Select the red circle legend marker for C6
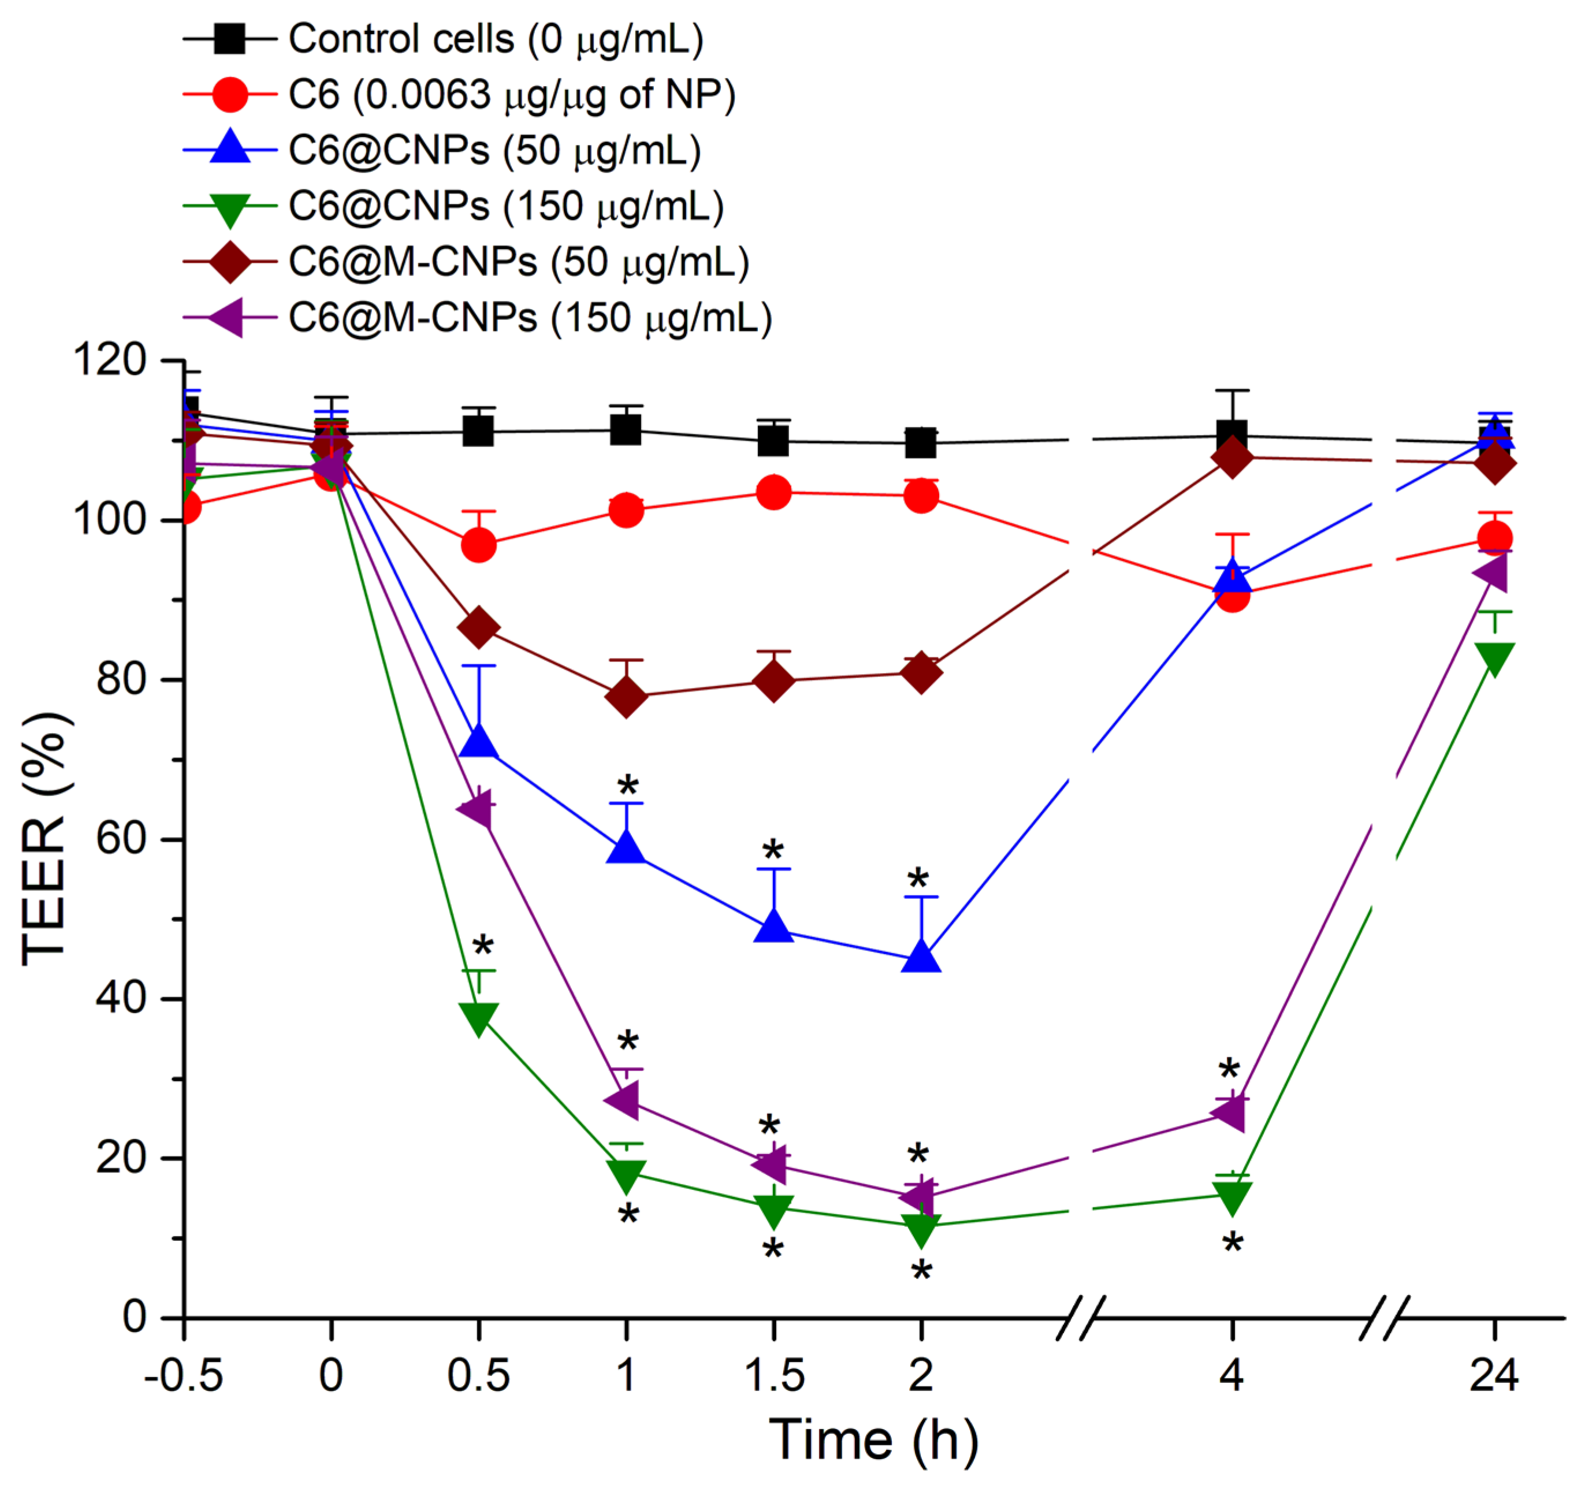pos(230,95)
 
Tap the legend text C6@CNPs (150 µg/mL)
pos(506,207)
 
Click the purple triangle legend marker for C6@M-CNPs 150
pos(229,318)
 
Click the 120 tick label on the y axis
pos(110,360)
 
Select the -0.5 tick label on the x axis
pos(183,1375)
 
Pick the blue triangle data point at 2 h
pos(921,957)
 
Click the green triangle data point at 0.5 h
pos(478,1018)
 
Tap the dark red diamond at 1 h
pos(626,696)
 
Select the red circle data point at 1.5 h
pos(773,492)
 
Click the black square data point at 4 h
pos(1232,436)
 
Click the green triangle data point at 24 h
pos(1494,659)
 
